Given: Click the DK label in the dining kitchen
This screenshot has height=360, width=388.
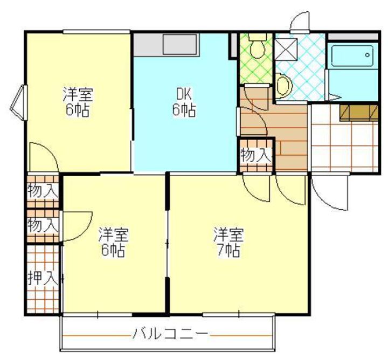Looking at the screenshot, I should pos(184,93).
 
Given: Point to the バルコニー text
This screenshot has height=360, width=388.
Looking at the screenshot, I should pos(170,335).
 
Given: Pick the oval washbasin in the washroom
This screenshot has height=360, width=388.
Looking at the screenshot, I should pos(283,85).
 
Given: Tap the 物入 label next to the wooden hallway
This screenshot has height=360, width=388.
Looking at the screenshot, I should pos(255,155).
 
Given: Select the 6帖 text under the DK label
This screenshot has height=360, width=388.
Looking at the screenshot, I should pos(184,110).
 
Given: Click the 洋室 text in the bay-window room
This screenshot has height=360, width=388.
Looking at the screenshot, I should pos(78,94).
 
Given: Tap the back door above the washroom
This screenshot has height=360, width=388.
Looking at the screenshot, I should pos(299,22).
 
